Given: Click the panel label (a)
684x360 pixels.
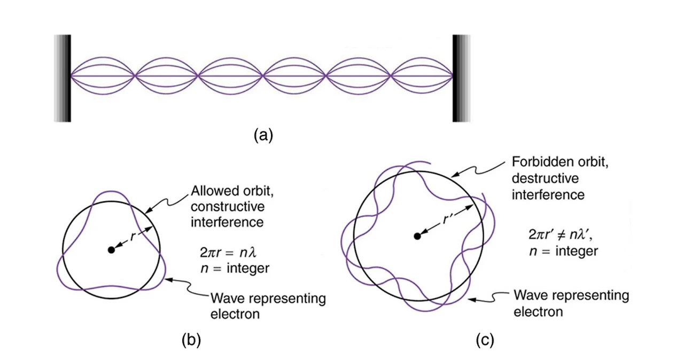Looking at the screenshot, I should (263, 135).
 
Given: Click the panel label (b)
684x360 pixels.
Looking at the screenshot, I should (191, 340).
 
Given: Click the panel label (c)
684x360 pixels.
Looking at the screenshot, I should (485, 340).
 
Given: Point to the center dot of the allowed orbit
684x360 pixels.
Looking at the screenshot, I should (111, 249).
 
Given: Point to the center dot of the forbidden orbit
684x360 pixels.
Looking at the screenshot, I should (417, 236).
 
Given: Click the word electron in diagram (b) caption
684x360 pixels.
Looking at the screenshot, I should (235, 314).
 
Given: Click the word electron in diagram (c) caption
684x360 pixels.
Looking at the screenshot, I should (538, 310).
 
